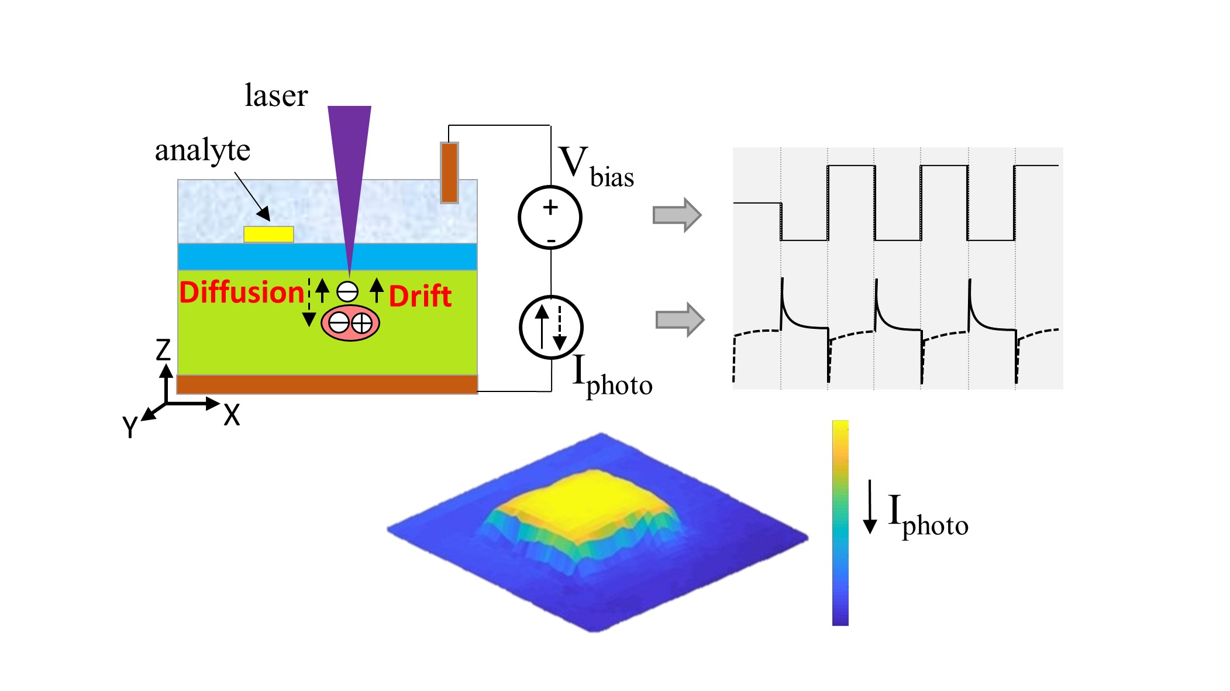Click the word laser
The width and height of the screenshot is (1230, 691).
point(275,95)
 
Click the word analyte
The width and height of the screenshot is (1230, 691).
point(202,150)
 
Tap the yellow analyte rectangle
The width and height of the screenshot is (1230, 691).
point(268,234)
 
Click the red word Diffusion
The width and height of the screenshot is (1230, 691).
point(242,293)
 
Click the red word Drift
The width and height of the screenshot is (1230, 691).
point(420,296)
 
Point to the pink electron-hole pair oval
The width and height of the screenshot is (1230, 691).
point(350,322)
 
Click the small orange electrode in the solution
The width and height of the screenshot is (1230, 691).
point(449,173)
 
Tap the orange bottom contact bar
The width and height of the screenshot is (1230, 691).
point(327,384)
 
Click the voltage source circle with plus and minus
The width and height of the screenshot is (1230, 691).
point(550,217)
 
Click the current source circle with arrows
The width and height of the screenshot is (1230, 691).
point(551,327)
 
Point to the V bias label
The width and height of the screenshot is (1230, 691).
point(595,167)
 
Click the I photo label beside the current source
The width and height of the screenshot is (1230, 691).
point(612,377)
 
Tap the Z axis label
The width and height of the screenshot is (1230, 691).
point(163,350)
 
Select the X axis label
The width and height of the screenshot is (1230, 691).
point(232,415)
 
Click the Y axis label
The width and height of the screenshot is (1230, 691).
point(130,427)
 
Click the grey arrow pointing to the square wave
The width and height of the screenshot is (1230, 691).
point(677,215)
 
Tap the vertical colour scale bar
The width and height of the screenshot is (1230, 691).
point(840,522)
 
